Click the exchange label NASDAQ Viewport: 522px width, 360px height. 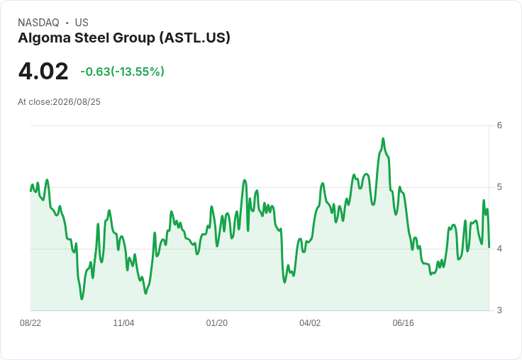coord(38,23)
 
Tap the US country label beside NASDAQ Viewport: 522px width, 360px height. coord(82,23)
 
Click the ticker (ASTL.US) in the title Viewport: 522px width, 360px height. coord(195,38)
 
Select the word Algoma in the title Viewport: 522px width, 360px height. coord(44,38)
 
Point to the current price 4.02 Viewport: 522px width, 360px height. coord(43,71)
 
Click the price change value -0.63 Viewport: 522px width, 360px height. coord(96,72)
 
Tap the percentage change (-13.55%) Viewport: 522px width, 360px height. coord(138,72)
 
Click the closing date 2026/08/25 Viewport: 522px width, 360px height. coord(77,102)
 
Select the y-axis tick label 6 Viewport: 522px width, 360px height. coord(499,125)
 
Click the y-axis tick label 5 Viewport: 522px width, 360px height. coord(499,187)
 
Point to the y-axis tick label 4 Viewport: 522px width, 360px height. coord(499,249)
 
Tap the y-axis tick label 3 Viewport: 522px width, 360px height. coord(499,310)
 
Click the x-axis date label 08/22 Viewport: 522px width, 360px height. coord(30,323)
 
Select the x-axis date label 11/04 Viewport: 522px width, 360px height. coord(123,323)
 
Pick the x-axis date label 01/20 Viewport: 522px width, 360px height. coord(217,323)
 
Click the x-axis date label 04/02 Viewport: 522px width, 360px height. coord(310,323)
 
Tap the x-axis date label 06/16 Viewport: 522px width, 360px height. coord(403,323)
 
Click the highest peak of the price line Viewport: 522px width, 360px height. coord(383,138)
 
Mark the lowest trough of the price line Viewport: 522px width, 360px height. coord(82,299)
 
